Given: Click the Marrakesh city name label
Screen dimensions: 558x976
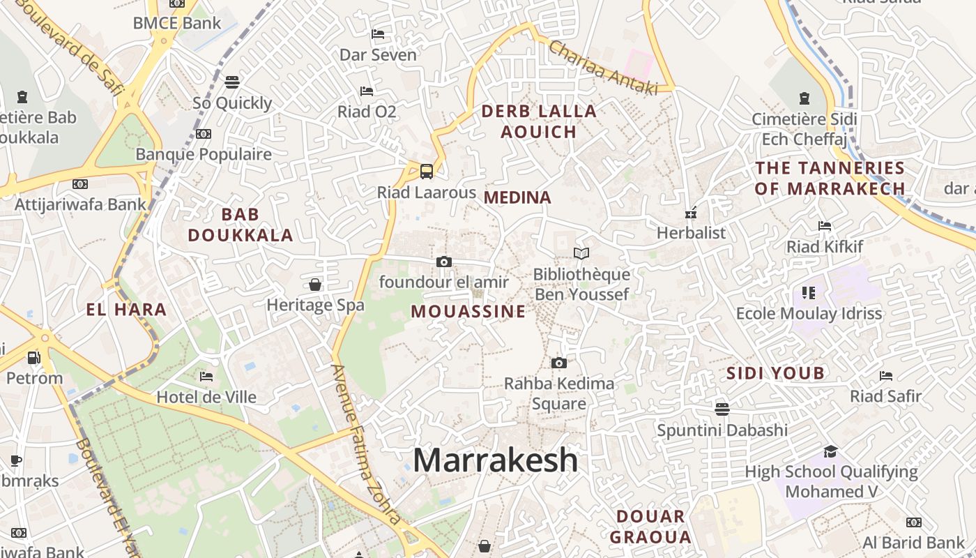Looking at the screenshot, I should pyautogui.click(x=496, y=460).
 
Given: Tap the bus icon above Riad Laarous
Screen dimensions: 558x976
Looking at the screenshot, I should pyautogui.click(x=426, y=171).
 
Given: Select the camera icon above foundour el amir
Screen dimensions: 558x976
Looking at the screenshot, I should pyautogui.click(x=443, y=262).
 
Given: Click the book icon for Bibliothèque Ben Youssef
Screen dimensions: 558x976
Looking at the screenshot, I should pyautogui.click(x=581, y=253).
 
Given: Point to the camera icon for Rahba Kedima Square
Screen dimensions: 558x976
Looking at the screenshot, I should pyautogui.click(x=558, y=363).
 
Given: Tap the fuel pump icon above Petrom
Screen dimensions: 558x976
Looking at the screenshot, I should pyautogui.click(x=33, y=358).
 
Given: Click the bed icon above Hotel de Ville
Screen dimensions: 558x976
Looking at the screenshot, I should pyautogui.click(x=206, y=377).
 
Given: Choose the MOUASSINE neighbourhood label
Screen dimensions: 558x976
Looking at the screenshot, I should pyautogui.click(x=468, y=311).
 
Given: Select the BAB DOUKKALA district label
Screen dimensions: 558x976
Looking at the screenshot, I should pyautogui.click(x=241, y=225).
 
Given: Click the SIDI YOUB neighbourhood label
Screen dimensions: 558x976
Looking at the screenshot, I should pyautogui.click(x=776, y=373).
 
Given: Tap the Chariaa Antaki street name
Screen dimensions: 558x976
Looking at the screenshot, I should pyautogui.click(x=603, y=68).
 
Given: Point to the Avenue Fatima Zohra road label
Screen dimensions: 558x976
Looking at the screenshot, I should pyautogui.click(x=367, y=444).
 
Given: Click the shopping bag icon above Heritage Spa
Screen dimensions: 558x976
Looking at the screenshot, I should pyautogui.click(x=315, y=285).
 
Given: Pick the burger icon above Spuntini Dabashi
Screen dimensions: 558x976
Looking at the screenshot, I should pyautogui.click(x=722, y=409).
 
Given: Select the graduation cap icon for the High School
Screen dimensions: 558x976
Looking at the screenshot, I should pyautogui.click(x=830, y=451).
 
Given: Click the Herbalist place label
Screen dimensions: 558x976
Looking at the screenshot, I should pyautogui.click(x=692, y=233).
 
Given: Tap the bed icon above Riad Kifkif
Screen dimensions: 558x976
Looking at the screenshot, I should pyautogui.click(x=825, y=226).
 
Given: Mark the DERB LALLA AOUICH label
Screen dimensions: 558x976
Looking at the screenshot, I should pyautogui.click(x=539, y=121).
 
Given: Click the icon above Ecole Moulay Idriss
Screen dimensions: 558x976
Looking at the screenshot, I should pyautogui.click(x=809, y=292).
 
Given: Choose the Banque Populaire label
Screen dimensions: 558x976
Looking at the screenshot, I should pyautogui.click(x=204, y=154).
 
